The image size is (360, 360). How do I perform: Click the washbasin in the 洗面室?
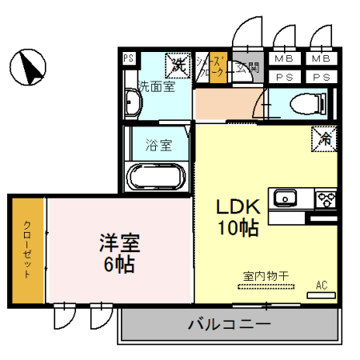(134, 103)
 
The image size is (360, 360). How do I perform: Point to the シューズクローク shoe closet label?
(211, 67)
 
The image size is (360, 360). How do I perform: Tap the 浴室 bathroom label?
(158, 146)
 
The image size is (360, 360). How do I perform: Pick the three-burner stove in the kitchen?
(326, 198)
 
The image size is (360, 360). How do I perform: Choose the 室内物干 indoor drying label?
(266, 276)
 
